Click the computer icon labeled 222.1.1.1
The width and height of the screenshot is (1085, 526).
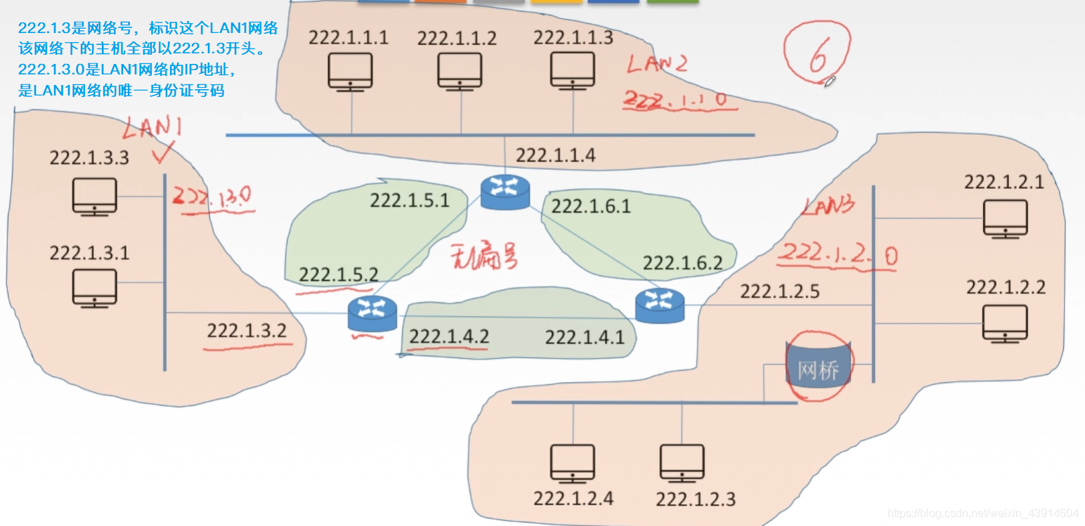click(x=350, y=70)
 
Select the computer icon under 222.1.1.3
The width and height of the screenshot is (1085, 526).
click(x=573, y=70)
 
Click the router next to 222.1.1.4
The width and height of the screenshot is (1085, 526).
click(x=505, y=192)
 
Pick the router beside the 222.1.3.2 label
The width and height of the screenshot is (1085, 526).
click(x=372, y=314)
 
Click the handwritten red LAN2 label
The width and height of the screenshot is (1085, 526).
click(x=657, y=64)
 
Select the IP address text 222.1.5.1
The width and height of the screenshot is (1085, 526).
click(x=410, y=201)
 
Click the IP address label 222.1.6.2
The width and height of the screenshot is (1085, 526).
click(x=682, y=263)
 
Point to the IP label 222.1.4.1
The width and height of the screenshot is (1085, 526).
click(x=585, y=338)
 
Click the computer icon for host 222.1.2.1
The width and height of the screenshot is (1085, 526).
click(x=1005, y=218)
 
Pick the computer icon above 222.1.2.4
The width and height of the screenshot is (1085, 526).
click(x=573, y=463)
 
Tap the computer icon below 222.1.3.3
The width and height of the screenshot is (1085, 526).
click(x=94, y=196)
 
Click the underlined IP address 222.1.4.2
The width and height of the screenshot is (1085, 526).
click(x=449, y=337)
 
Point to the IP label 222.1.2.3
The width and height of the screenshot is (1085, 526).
click(x=696, y=500)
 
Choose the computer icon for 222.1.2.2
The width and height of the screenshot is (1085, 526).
click(x=1005, y=323)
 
